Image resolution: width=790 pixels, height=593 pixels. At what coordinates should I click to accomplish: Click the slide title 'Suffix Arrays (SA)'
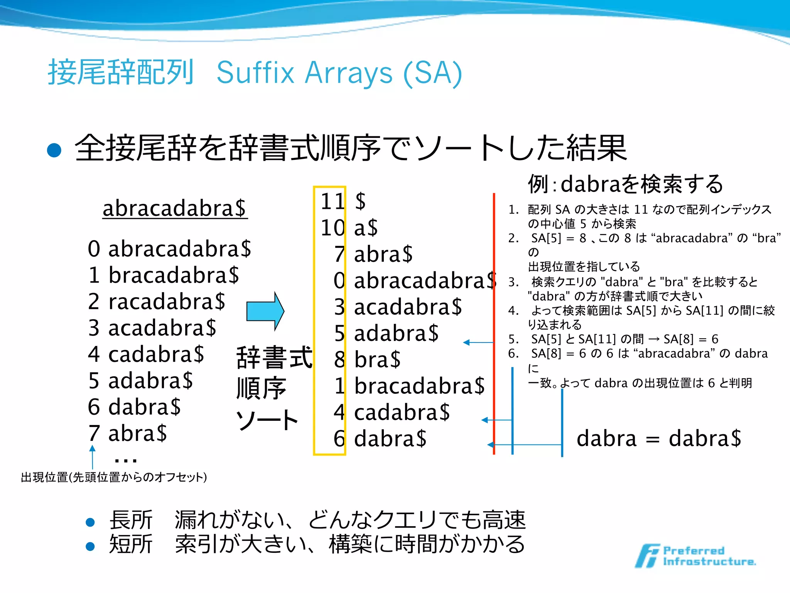coord(339,73)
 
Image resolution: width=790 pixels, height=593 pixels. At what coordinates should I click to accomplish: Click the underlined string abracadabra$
coord(174,208)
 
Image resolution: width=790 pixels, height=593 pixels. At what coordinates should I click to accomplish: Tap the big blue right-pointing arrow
coord(265,311)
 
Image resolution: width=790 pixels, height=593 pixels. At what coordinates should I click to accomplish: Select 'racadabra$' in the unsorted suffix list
coord(167,302)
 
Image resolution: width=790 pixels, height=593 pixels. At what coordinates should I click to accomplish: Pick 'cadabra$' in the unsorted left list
coord(156,354)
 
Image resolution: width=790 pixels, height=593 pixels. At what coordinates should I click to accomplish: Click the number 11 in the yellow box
coord(332,202)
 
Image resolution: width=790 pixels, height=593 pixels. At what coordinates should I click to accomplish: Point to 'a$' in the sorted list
coord(366,228)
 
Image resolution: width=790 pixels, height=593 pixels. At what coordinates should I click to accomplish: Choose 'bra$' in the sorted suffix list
coord(377,359)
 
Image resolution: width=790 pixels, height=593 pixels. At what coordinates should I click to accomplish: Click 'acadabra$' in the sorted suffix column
coord(408,307)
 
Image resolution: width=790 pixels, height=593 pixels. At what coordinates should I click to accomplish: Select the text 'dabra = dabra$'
coord(659,439)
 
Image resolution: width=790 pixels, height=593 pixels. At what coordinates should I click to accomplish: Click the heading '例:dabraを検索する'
coord(625,184)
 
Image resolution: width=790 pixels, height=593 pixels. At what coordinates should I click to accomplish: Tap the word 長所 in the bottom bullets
coord(131,520)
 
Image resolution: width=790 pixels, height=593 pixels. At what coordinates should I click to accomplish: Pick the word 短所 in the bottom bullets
coord(131,544)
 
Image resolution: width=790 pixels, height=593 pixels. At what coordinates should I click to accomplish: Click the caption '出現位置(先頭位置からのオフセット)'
coord(114,478)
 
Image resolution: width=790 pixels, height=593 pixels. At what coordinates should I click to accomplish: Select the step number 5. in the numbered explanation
coord(513,339)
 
